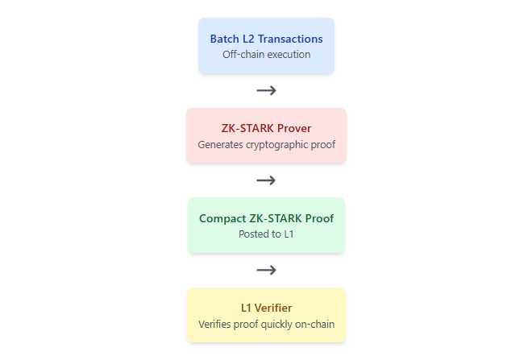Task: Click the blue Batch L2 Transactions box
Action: point(266,46)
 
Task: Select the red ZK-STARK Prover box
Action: point(266,136)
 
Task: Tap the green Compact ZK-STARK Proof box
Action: point(266,226)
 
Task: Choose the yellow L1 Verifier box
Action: point(266,315)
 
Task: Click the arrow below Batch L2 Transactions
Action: point(266,91)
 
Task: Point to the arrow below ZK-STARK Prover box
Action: point(266,180)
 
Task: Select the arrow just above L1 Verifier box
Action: point(266,271)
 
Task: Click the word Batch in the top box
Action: point(223,39)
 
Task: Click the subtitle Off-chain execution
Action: point(266,54)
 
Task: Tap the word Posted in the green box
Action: point(253,234)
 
